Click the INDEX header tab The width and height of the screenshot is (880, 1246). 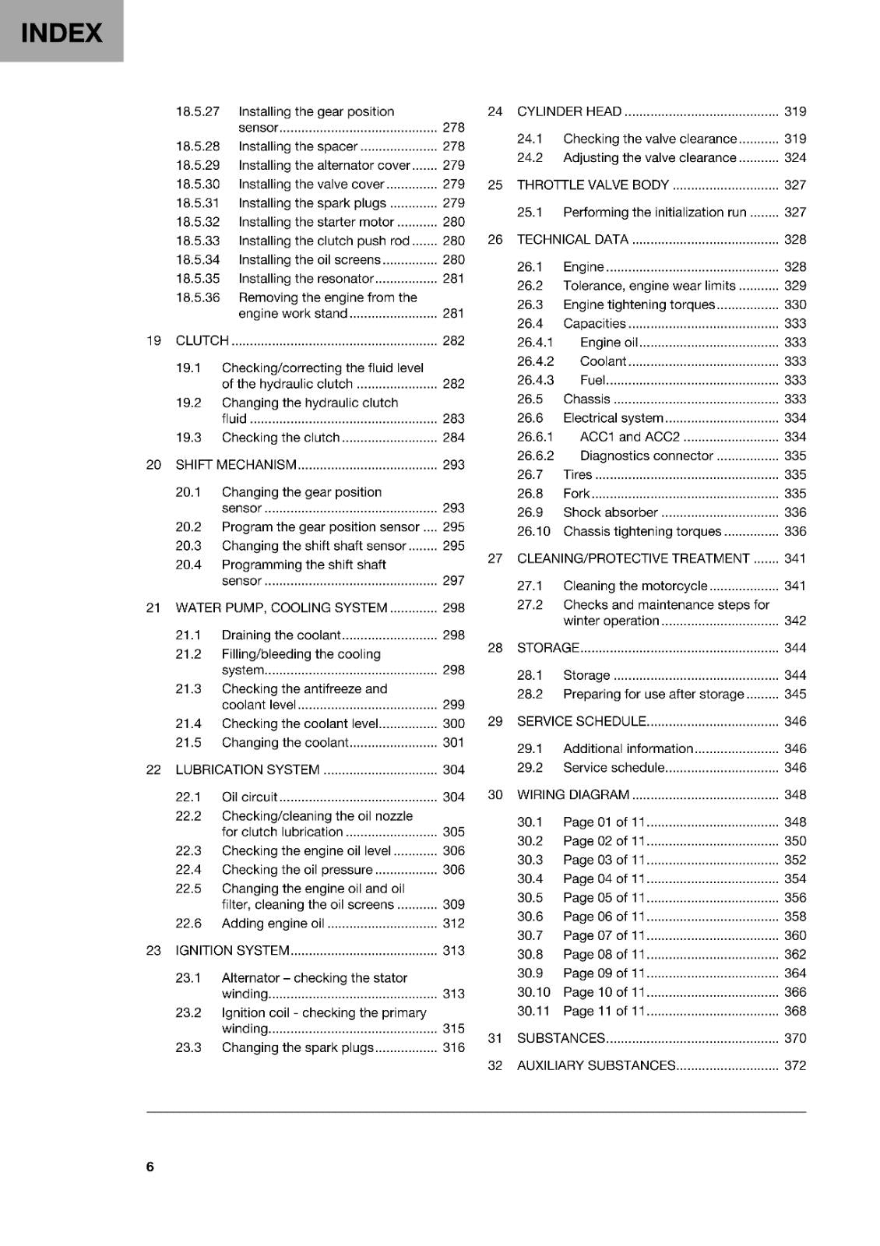61,32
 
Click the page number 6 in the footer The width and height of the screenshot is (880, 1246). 150,1166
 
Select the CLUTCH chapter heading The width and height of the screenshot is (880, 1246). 202,340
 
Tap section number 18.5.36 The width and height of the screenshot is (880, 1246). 198,297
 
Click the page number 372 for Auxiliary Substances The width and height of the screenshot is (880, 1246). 795,1065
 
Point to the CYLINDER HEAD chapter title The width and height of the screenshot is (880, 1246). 569,111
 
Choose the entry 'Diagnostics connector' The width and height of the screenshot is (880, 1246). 646,456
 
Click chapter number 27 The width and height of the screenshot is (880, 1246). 495,558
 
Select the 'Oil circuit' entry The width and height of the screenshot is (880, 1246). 249,797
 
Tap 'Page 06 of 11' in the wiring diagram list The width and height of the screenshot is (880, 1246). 604,917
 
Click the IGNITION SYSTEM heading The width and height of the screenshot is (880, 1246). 233,950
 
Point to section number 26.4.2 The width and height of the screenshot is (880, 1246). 536,361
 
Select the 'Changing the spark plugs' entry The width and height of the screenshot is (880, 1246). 297,1047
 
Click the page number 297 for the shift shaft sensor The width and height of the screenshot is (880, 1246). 453,580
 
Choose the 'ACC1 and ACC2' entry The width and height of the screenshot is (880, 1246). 630,437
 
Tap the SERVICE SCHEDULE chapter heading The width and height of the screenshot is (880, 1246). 582,721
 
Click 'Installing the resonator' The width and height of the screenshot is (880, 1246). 306,279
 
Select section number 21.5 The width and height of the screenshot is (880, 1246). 188,742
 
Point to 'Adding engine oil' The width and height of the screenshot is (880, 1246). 273,923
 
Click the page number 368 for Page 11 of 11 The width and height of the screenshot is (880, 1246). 795,1011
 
